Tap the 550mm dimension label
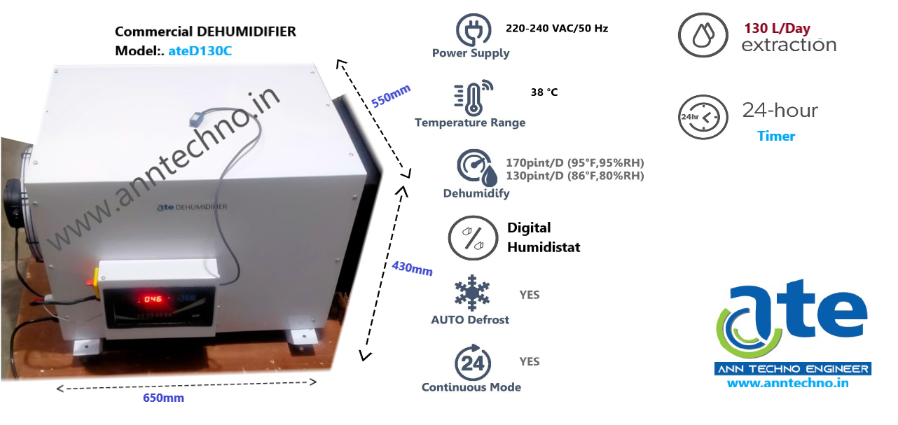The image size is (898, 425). [391, 95]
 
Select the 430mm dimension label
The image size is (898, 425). [412, 267]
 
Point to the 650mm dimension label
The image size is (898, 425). [163, 398]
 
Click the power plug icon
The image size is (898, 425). [474, 30]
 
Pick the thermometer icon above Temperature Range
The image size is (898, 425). [471, 98]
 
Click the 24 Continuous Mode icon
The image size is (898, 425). [473, 362]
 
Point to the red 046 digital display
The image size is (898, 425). [153, 299]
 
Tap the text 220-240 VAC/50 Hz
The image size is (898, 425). [557, 29]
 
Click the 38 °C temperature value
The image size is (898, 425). [544, 92]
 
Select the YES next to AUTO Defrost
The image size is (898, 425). [530, 295]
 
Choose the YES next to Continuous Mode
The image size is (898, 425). [530, 361]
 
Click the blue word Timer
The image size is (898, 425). [776, 136]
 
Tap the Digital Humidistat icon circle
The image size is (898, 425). [473, 238]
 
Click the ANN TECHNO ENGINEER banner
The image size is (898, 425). [792, 369]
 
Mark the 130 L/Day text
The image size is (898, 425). [778, 29]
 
